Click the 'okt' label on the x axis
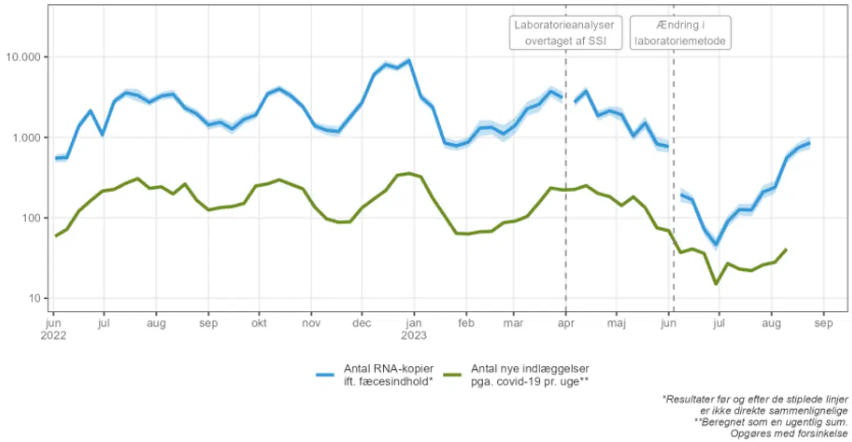259,324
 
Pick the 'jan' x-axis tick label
414,324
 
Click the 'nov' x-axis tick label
311,324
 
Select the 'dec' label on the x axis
362,324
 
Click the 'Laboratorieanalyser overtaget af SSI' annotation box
565,33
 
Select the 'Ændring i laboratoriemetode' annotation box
680,33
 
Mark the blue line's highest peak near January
409,60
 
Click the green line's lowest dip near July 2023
717,284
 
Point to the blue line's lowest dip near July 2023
716,244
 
